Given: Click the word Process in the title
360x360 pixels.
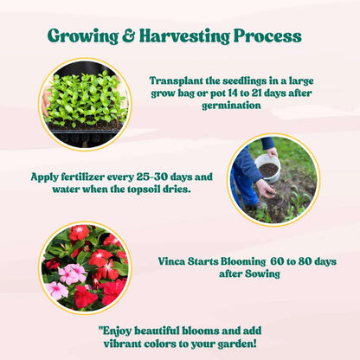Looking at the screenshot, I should [x=269, y=36].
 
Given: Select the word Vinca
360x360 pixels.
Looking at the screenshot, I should [x=174, y=260].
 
